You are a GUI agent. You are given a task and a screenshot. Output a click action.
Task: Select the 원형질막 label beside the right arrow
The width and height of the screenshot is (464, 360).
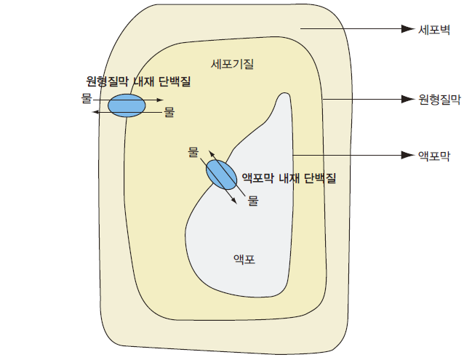440,99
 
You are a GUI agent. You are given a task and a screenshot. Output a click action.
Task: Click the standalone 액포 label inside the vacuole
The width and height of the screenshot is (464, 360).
244,258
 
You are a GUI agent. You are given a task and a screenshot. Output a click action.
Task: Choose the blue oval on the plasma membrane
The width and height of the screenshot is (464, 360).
127,105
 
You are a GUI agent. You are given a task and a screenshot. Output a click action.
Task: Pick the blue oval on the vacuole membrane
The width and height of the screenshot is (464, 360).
221,175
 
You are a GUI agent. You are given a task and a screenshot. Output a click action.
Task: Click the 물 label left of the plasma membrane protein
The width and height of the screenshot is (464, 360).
87,97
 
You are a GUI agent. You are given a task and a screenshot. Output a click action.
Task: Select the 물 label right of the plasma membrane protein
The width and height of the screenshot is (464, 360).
169,112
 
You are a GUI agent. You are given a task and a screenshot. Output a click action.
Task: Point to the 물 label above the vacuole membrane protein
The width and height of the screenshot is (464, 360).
193,152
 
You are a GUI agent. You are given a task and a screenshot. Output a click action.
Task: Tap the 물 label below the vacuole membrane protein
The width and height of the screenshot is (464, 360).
253,201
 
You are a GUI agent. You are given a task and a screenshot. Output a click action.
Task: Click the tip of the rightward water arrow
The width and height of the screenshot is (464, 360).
163,98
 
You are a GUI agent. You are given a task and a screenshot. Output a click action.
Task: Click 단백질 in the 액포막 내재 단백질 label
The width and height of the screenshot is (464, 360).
320,177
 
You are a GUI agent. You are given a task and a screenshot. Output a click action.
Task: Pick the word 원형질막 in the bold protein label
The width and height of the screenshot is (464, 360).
106,81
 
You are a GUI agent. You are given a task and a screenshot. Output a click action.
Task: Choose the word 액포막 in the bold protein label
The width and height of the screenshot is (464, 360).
257,177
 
